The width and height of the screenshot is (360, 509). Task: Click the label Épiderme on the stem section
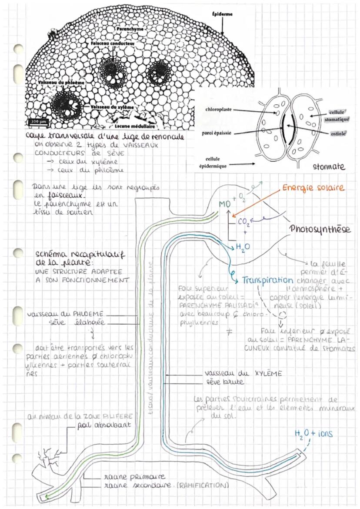tap(222, 14)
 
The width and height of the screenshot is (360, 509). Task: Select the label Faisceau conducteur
tap(113, 44)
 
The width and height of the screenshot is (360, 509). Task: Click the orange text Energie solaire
tap(313, 189)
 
